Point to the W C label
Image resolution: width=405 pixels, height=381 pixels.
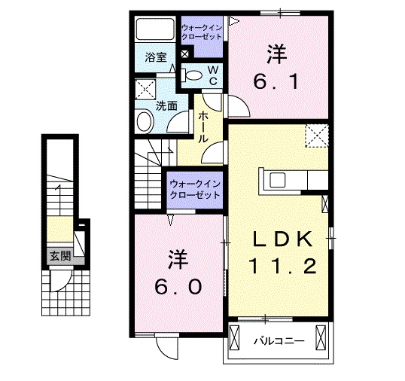[212, 74]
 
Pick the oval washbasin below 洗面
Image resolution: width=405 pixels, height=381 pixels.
[144, 121]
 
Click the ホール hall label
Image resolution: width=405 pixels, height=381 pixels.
[203, 127]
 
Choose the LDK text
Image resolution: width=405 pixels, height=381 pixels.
[281, 240]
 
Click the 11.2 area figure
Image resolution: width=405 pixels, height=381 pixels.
[281, 266]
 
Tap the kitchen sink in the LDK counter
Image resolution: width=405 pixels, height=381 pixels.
[277, 180]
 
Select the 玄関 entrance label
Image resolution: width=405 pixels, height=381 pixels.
[60, 256]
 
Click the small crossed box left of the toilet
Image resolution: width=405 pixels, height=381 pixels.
[185, 53]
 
